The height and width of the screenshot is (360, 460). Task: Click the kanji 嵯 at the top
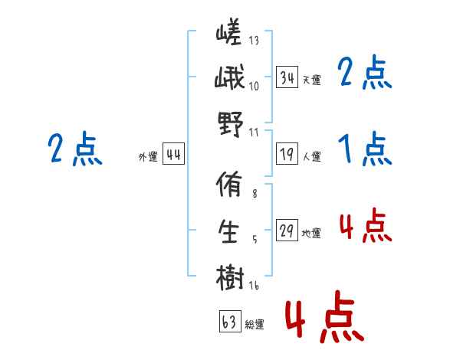pyautogui.click(x=229, y=34)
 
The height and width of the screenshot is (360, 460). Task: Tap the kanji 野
pyautogui.click(x=229, y=123)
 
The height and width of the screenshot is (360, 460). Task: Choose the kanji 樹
pyautogui.click(x=229, y=276)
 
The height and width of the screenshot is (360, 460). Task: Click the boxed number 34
pyautogui.click(x=287, y=77)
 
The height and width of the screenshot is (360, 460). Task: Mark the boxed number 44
pyautogui.click(x=173, y=155)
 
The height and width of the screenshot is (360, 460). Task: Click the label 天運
pyautogui.click(x=311, y=80)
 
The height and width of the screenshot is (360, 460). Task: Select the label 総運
pyautogui.click(x=255, y=325)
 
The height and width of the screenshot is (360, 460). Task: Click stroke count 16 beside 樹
pyautogui.click(x=255, y=286)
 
